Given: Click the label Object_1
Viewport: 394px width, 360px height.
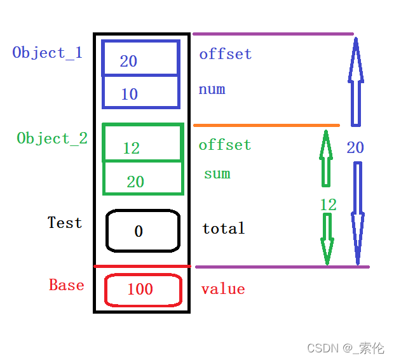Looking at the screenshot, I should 48,53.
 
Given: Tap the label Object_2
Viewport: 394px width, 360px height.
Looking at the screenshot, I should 52,138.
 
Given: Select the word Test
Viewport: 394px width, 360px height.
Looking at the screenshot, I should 65,223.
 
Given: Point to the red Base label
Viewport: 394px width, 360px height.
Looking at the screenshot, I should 67,285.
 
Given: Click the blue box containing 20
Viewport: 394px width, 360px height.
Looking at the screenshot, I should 141,58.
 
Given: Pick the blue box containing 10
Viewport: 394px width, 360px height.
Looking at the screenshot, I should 141,92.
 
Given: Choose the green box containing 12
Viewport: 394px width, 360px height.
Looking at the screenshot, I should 143,143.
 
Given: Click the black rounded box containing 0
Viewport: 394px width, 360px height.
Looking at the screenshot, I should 142,230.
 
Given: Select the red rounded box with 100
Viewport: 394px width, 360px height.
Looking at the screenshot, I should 143,290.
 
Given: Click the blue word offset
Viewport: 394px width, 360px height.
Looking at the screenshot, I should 226,55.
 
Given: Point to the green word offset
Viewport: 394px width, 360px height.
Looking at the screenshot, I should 225,145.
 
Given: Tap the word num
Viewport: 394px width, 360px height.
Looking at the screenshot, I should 212,90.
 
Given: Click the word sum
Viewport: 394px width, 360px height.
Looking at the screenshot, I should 217,174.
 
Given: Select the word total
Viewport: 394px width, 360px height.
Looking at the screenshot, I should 224,229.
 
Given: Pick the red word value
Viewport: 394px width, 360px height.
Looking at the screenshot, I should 223,290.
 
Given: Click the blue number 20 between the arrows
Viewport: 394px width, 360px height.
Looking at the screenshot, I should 355,148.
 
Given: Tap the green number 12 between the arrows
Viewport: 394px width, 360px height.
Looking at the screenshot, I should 328,205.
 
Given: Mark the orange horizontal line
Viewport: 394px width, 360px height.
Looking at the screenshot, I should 266,126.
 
